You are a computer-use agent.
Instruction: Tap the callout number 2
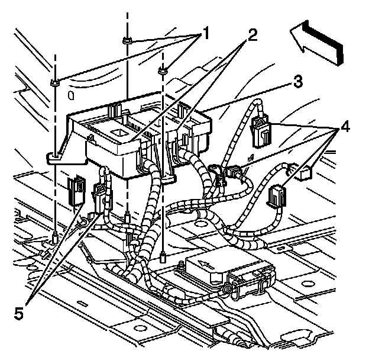point(252,34)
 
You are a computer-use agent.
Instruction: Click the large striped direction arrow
point(318,41)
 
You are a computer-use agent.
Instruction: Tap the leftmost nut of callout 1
point(54,82)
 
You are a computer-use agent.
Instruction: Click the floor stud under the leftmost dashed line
point(54,239)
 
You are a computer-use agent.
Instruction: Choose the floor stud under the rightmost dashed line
point(163,257)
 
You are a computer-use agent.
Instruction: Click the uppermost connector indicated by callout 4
point(260,130)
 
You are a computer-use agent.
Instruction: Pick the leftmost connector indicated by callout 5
point(75,189)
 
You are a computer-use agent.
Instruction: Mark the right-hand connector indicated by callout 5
point(100,192)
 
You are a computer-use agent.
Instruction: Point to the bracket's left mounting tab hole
point(54,156)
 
